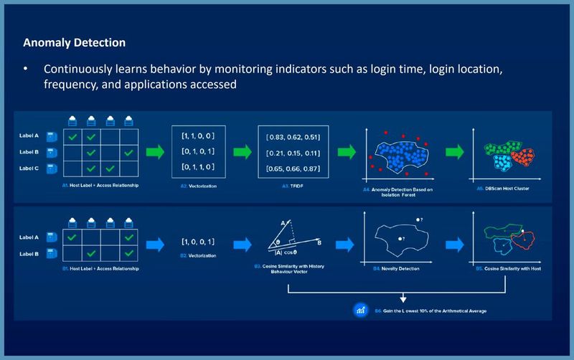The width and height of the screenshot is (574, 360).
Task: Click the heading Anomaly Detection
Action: pos(75,43)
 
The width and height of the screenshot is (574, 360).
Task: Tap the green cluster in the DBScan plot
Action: pos(497,149)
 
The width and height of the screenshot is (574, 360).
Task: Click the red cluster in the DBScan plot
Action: pos(530,153)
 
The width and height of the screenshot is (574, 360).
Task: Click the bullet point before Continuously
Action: pos(26,70)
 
